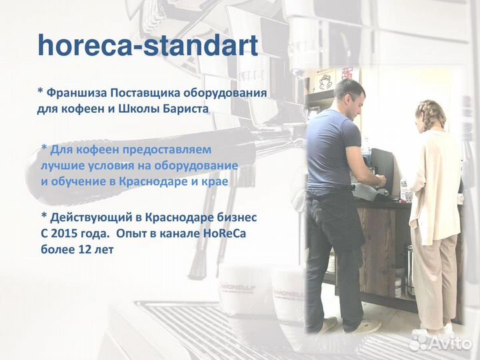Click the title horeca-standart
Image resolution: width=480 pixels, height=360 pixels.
pyautogui.click(x=147, y=45)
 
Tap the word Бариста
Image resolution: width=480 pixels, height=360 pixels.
pyautogui.click(x=185, y=108)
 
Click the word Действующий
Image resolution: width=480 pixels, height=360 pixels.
pyautogui.click(x=89, y=218)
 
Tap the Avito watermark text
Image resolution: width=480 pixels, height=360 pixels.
pyautogui.click(x=450, y=342)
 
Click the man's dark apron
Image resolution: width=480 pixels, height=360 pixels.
pyautogui.click(x=334, y=220)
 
